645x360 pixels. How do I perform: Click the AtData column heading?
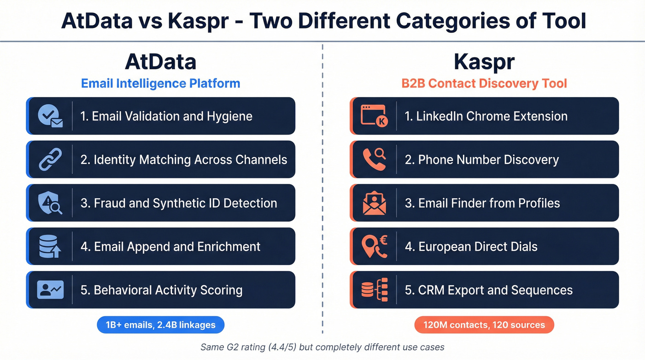pos(160,62)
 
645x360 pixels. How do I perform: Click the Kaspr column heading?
pos(484,62)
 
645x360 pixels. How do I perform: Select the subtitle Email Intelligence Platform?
pos(160,83)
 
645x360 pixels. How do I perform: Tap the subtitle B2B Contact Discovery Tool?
pos(484,83)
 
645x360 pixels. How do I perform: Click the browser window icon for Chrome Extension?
pos(374,116)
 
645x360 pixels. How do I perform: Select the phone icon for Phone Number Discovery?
pos(374,159)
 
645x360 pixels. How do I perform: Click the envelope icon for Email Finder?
pos(374,203)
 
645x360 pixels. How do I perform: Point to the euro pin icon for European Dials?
pos(374,247)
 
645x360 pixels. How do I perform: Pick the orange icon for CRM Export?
pos(374,290)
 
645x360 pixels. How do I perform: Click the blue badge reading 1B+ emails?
pos(160,325)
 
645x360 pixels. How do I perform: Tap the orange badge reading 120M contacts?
pos(484,325)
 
